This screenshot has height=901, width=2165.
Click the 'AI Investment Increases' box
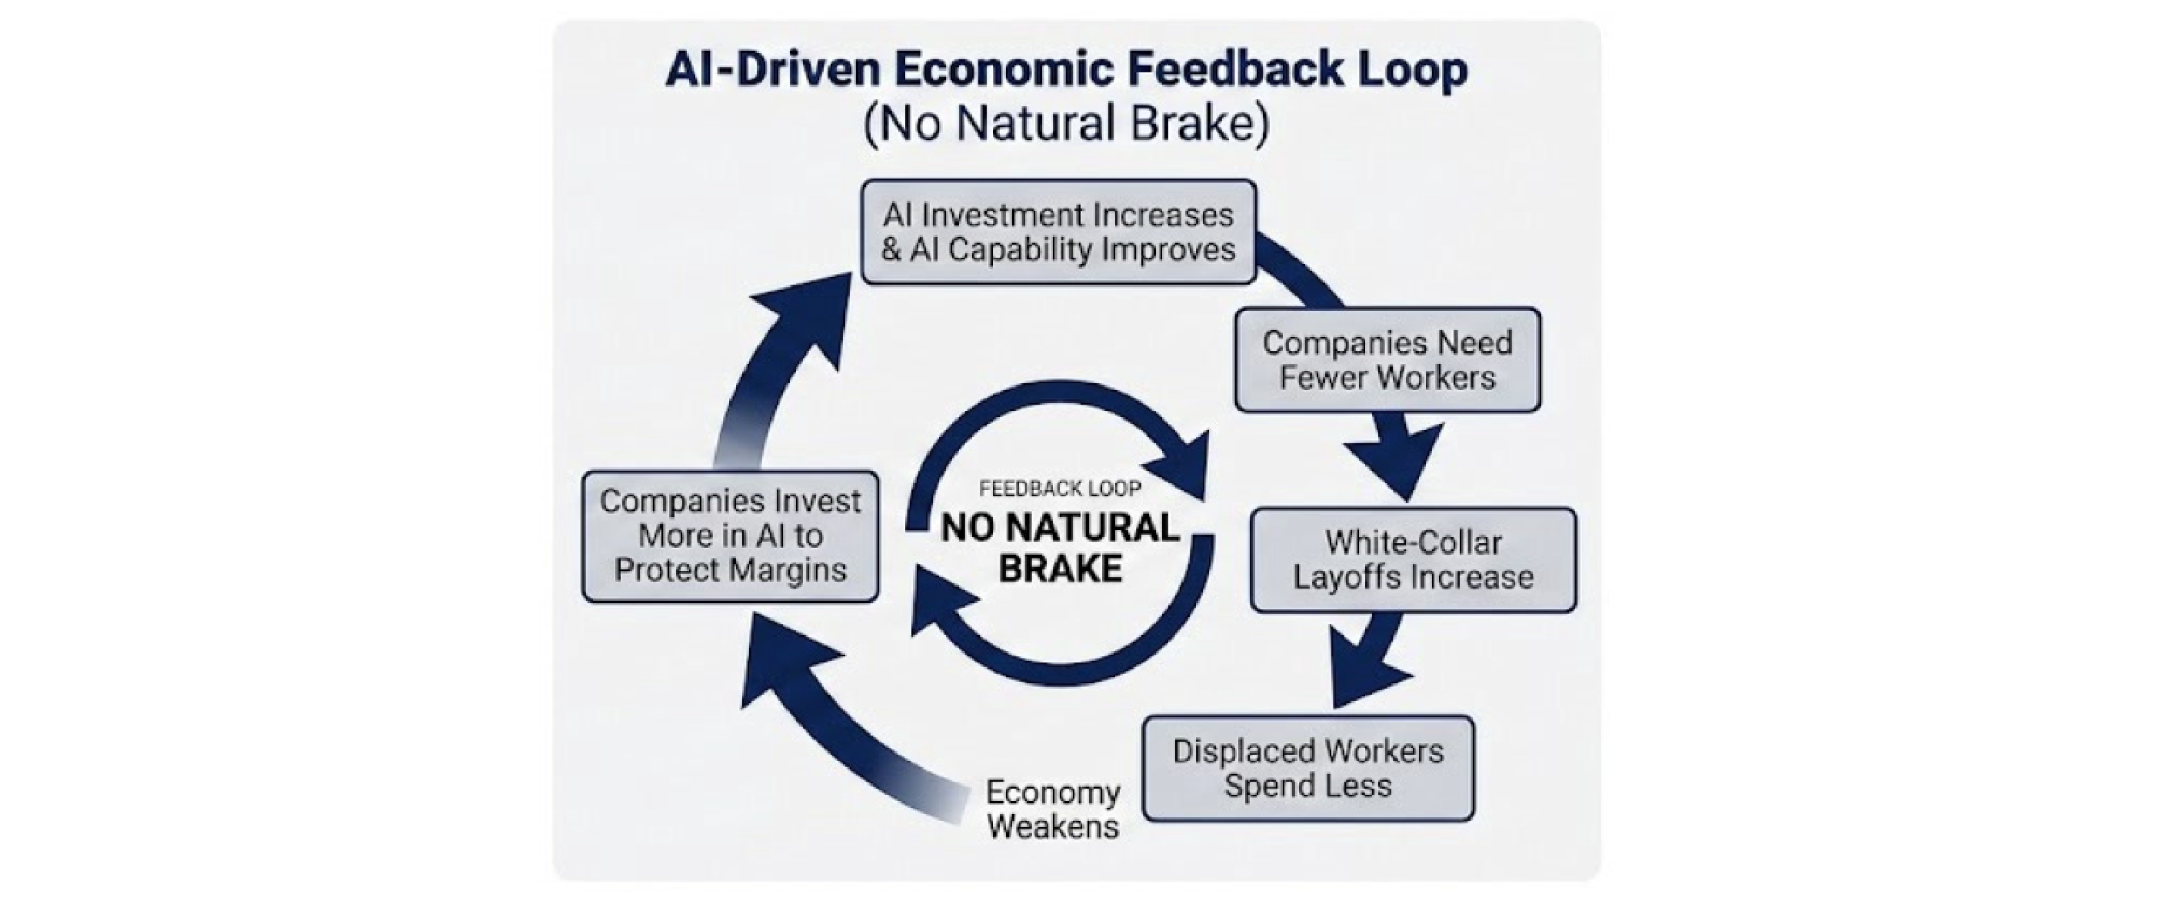(1058, 232)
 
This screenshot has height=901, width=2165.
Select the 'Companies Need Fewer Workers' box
(1387, 360)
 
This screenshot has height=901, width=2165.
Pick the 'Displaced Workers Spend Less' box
(1307, 768)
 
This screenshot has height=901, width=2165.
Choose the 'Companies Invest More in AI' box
(730, 536)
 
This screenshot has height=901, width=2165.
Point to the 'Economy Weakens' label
(1052, 809)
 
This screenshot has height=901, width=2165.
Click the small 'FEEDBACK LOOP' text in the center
(1060, 489)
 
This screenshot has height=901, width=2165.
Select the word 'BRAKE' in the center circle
(1060, 569)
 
